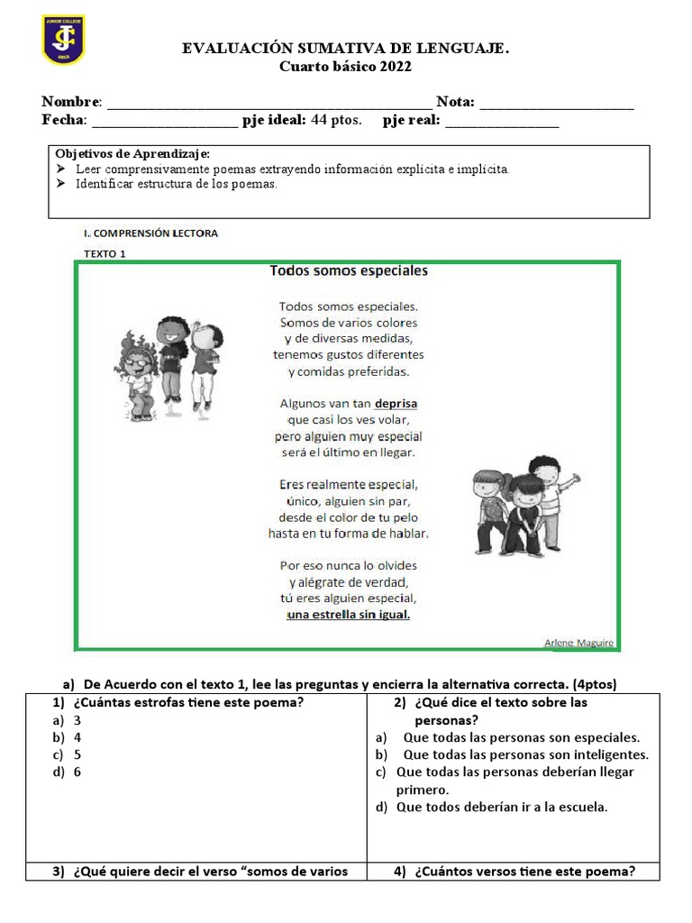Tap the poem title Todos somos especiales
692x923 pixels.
[348, 270]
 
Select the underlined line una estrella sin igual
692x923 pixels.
[348, 615]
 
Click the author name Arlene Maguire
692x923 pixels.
[578, 642]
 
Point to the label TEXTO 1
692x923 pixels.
[105, 253]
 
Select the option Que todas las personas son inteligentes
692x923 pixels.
[513, 754]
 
